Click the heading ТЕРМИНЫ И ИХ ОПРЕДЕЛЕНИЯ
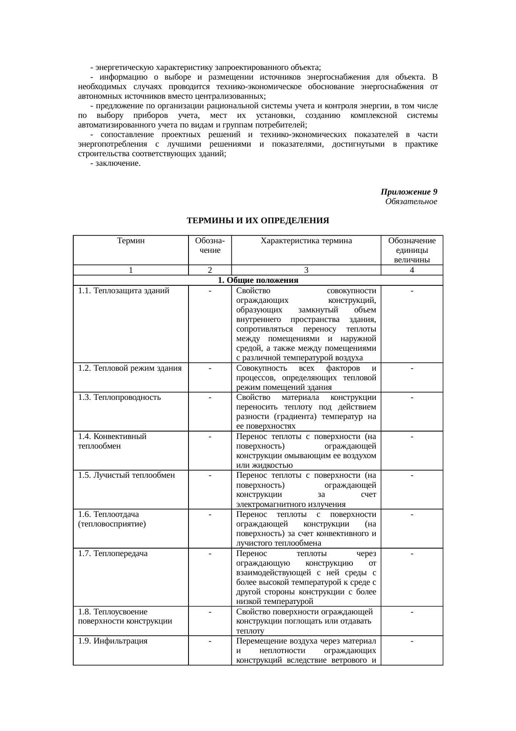tap(258, 220)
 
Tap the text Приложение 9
tap(409, 192)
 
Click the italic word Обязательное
tap(411, 202)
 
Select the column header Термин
tap(131, 241)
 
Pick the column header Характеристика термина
tap(306, 241)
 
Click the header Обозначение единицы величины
tap(412, 250)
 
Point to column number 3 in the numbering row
tap(306, 270)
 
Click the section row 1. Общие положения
tap(258, 280)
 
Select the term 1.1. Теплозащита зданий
tap(124, 291)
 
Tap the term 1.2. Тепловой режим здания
tap(130, 368)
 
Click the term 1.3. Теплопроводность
tap(119, 397)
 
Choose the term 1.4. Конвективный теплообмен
tap(112, 441)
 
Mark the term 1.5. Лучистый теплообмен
tap(127, 475)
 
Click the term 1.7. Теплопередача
tap(113, 554)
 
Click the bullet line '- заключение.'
tap(115, 163)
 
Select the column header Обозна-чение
tap(210, 245)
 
